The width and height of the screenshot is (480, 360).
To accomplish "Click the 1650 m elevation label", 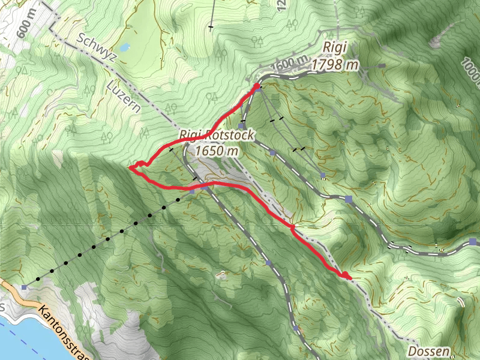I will tap(217, 151).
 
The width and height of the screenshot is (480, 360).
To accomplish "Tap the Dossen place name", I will tap(428, 350).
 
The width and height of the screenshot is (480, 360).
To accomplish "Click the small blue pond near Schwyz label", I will tap(124, 47).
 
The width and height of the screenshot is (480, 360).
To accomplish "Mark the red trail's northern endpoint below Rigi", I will tap(257, 87).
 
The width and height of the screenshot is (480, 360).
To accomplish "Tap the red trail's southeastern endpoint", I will tap(346, 275).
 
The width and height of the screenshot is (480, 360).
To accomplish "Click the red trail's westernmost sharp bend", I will tap(131, 168).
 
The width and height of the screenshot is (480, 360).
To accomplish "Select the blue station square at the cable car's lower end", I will tap(24, 287).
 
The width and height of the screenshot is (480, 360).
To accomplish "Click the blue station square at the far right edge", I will tap(473, 242).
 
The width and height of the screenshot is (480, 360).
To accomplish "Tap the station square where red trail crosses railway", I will tap(205, 187).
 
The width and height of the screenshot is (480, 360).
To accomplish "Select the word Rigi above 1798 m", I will tap(334, 47).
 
